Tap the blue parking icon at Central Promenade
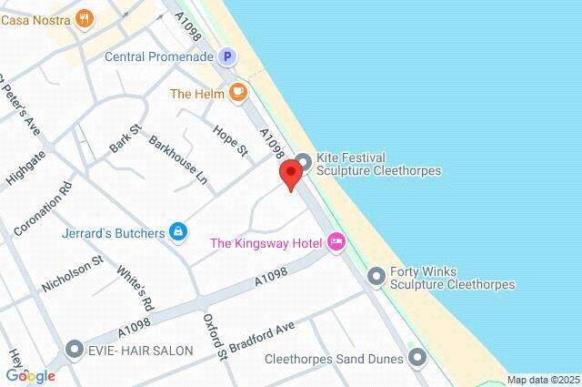coord(227,56)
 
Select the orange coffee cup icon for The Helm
coord(237,92)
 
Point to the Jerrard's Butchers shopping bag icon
coord(178,233)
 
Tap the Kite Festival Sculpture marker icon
coord(304,163)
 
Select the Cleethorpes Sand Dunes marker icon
coord(417,358)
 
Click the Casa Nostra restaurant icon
coord(85,17)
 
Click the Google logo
coord(30,375)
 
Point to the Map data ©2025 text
coord(543,380)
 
